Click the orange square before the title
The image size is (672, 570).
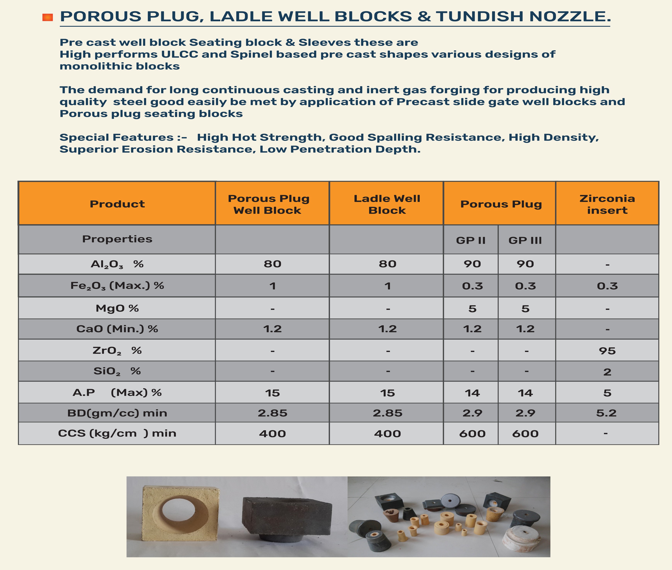point(47,17)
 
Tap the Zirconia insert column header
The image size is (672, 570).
point(607,204)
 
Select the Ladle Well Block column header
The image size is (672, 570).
point(387,204)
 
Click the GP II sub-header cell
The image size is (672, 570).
point(471,240)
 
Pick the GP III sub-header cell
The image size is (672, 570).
point(525,240)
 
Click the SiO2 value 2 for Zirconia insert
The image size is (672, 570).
point(607,372)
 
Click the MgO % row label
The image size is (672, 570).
point(117,308)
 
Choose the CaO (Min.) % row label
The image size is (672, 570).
point(117,329)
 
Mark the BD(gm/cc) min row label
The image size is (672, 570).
point(117,413)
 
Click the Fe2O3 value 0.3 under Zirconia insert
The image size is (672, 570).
point(607,286)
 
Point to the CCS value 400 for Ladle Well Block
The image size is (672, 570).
point(387,434)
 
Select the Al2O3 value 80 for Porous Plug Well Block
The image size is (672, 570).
point(272,264)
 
